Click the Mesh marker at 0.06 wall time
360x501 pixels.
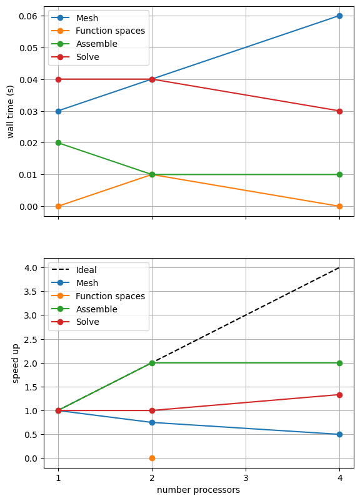pyautogui.click(x=339, y=16)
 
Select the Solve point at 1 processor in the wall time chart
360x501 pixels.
pyautogui.click(x=58, y=79)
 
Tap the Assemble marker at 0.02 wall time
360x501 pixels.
pyautogui.click(x=58, y=143)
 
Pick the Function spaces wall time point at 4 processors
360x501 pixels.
pyautogui.click(x=339, y=206)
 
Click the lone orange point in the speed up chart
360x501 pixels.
pyautogui.click(x=152, y=458)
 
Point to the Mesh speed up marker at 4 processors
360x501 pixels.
pyautogui.click(x=339, y=435)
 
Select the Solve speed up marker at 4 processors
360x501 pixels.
pyautogui.click(x=339, y=395)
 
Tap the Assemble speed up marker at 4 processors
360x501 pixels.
pyautogui.click(x=339, y=364)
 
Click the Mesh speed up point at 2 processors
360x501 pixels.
pyautogui.click(x=152, y=422)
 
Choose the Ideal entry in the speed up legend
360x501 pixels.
pyautogui.click(x=86, y=270)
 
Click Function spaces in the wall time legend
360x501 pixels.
pyautogui.click(x=110, y=31)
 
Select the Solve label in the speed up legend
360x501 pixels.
pyautogui.click(x=87, y=322)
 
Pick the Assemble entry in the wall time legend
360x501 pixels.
pyautogui.click(x=96, y=44)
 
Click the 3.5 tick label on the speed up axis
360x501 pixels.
pyautogui.click(x=31, y=292)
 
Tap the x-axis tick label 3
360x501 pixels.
pyautogui.click(x=246, y=478)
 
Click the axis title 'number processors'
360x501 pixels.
pyautogui.click(x=198, y=490)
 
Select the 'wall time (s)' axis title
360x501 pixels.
pyautogui.click(x=11, y=112)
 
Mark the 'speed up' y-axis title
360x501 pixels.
pyautogui.click(x=16, y=364)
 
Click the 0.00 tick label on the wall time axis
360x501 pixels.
pyautogui.click(x=28, y=207)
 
